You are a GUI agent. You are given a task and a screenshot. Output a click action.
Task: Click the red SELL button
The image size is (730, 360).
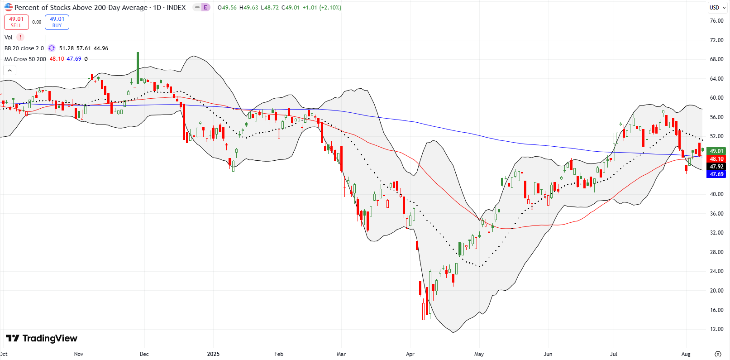tap(16, 22)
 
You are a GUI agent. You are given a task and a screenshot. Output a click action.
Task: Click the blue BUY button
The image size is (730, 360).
tap(57, 22)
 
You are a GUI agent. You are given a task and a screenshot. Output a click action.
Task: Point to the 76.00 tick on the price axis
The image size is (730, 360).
tap(716, 21)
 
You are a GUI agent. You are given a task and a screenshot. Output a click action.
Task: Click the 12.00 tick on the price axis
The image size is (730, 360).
tap(716, 329)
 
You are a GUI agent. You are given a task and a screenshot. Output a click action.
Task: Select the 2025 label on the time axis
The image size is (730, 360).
tap(213, 354)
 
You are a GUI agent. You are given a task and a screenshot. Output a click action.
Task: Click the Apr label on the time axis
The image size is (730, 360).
tap(410, 354)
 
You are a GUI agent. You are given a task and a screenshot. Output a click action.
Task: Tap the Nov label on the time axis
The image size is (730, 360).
tap(79, 354)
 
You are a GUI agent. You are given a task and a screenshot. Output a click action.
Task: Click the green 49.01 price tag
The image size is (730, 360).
tap(716, 151)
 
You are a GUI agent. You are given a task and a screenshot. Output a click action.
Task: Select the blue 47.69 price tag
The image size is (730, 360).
tap(716, 174)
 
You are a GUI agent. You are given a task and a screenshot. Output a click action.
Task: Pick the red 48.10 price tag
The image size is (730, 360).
tap(716, 159)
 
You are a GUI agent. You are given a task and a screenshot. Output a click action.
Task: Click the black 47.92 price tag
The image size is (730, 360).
tap(716, 167)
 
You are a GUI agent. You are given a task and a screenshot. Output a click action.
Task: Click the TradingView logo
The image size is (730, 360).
tap(42, 338)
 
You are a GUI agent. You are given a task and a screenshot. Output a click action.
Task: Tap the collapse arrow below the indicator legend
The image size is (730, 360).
tap(10, 70)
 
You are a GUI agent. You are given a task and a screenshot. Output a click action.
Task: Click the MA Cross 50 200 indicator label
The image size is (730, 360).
tap(25, 59)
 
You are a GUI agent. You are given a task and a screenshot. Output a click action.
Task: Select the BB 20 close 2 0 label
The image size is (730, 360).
tap(24, 48)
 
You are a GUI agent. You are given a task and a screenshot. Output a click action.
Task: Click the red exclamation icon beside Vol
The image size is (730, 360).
tap(20, 38)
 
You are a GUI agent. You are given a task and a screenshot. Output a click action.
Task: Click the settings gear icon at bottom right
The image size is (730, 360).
tap(718, 354)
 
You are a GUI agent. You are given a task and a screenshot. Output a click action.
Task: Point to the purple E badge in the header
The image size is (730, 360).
tap(205, 8)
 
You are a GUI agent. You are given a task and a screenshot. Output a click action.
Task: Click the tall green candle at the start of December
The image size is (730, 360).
tap(138, 68)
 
